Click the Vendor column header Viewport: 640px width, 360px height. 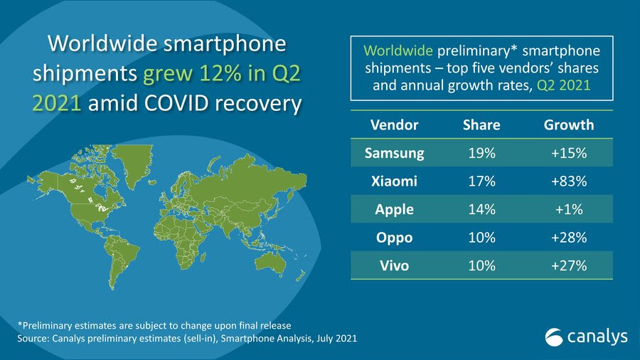coord(395,125)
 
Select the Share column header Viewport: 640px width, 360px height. coord(481,125)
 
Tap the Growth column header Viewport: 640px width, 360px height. coord(569,125)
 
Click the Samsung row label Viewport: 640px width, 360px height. coord(394,153)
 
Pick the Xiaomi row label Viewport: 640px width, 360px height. coord(394,181)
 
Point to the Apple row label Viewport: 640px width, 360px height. coord(394,210)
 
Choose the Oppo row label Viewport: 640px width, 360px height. coord(394,238)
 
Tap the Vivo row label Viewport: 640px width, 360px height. coord(394,265)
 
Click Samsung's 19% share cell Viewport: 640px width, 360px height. coord(481,153)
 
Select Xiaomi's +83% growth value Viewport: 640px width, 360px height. coord(569,181)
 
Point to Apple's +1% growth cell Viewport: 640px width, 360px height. coord(569,210)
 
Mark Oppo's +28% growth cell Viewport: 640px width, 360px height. coord(569,238)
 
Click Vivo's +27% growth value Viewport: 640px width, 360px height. coord(569,265)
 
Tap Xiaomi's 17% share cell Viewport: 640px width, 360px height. coord(481,181)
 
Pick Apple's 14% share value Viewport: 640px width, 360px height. coord(481,210)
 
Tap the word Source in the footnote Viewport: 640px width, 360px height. coord(33,339)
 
